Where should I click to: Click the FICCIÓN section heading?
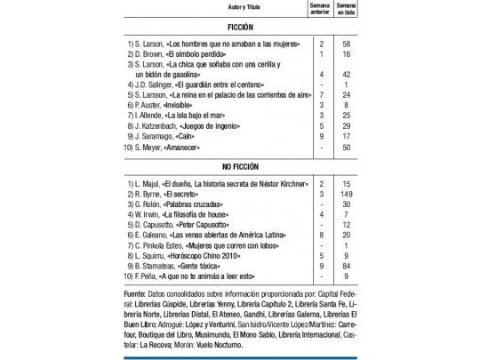(x=240, y=28)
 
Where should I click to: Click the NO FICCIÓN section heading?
(x=240, y=166)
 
